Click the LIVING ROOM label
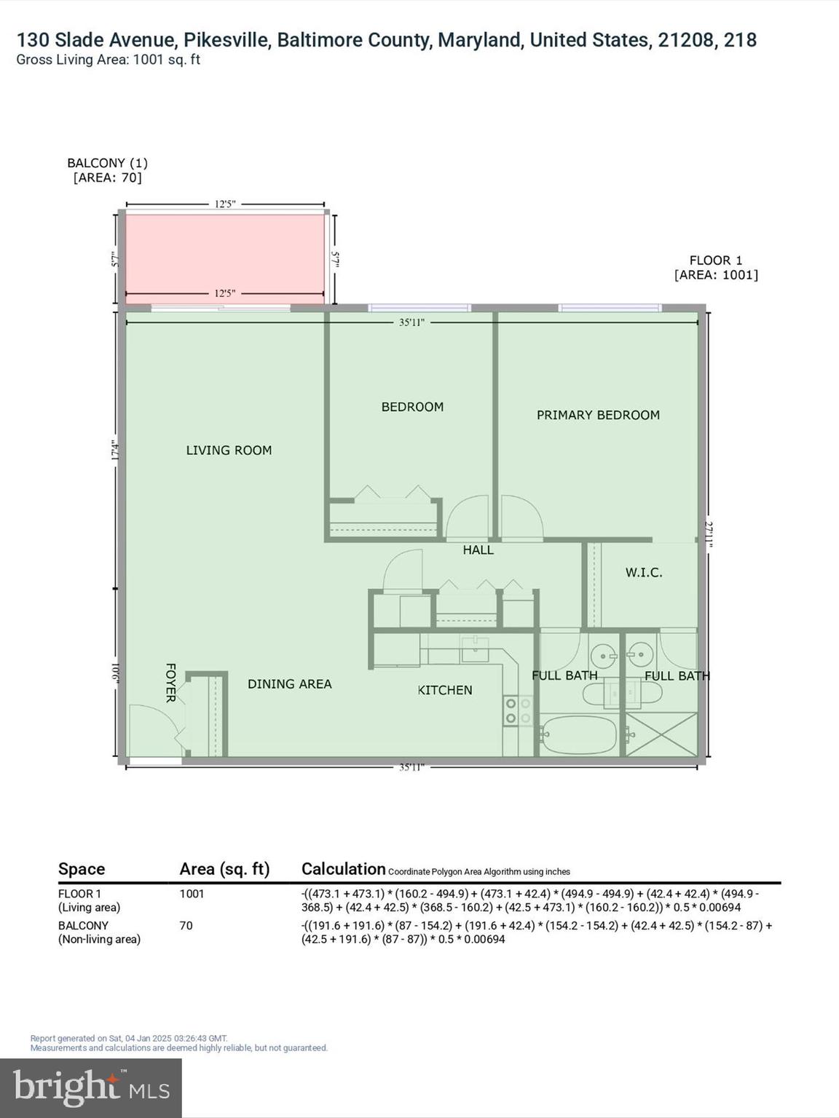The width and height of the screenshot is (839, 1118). (x=229, y=451)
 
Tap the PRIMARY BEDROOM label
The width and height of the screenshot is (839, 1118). (x=598, y=415)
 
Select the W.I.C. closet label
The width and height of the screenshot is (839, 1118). (x=644, y=573)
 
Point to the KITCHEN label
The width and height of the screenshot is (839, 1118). (x=445, y=690)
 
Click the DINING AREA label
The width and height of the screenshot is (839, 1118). (x=289, y=684)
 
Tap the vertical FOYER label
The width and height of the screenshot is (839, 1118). (x=170, y=683)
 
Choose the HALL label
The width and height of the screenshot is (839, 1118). (x=478, y=550)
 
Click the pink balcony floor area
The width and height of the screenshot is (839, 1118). (x=225, y=255)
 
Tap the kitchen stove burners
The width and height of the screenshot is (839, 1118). (x=518, y=710)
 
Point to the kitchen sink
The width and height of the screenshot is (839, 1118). (x=475, y=647)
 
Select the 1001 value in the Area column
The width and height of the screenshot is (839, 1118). (x=192, y=894)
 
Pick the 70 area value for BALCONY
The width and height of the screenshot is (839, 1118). (x=186, y=926)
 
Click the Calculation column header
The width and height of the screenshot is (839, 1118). (x=343, y=869)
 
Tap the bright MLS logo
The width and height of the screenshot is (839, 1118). (x=91, y=1087)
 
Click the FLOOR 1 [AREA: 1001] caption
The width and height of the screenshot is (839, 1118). (x=715, y=267)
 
